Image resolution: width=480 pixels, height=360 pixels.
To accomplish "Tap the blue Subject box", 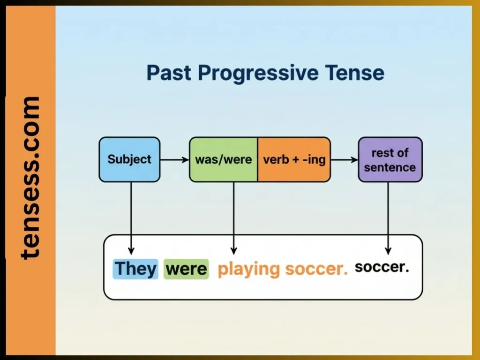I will click(129, 159).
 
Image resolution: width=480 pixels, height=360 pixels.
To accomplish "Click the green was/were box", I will click(224, 159).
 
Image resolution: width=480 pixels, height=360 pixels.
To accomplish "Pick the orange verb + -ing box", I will click(294, 159).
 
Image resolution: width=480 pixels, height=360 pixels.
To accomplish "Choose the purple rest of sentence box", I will click(390, 159).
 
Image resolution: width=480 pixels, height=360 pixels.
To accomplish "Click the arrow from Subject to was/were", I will click(174, 160).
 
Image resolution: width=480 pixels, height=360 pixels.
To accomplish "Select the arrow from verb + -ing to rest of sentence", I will click(344, 160).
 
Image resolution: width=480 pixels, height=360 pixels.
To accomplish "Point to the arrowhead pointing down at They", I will click(131, 250).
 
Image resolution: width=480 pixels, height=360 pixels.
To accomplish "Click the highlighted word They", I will click(135, 269).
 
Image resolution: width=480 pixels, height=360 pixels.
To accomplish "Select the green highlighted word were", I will click(186, 269).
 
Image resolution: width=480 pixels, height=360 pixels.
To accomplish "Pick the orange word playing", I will click(248, 270).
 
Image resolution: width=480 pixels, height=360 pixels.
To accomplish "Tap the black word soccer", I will click(382, 267).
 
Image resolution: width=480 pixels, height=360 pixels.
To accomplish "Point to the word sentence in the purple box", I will click(390, 167).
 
